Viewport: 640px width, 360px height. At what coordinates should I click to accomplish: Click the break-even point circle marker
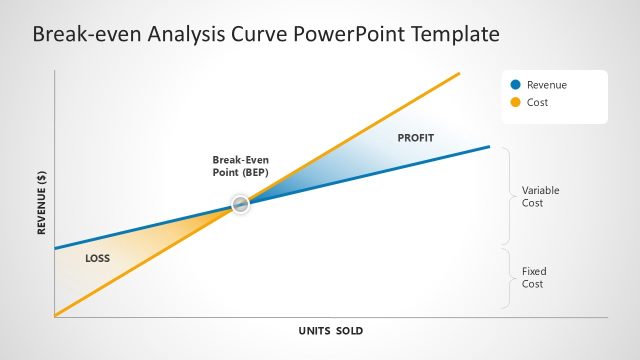coord(240,204)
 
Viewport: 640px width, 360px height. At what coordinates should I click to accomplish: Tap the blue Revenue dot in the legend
coord(515,85)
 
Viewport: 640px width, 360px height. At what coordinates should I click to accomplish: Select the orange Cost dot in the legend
coord(515,102)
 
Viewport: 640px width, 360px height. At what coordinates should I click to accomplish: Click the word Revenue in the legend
coord(546,85)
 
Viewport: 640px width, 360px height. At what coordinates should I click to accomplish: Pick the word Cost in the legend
coord(537,102)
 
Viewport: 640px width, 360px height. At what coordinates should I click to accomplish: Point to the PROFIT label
coord(416,137)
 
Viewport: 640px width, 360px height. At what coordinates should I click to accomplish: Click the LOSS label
coord(97,258)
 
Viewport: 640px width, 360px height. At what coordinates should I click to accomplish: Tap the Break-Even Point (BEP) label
coord(240,166)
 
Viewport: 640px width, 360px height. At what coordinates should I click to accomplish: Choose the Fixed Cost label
coord(534,277)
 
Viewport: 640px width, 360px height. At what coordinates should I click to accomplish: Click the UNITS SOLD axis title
coord(330,331)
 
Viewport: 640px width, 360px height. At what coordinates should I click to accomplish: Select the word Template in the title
coord(451,36)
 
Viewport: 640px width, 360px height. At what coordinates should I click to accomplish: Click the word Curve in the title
coord(260,36)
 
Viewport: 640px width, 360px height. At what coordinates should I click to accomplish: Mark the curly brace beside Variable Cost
coord(507,196)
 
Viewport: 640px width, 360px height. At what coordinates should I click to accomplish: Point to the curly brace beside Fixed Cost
coord(507,278)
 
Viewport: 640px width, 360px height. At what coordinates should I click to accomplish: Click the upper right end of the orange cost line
coord(458,73)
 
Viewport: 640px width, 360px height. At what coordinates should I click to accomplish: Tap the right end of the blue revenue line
coord(489,147)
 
